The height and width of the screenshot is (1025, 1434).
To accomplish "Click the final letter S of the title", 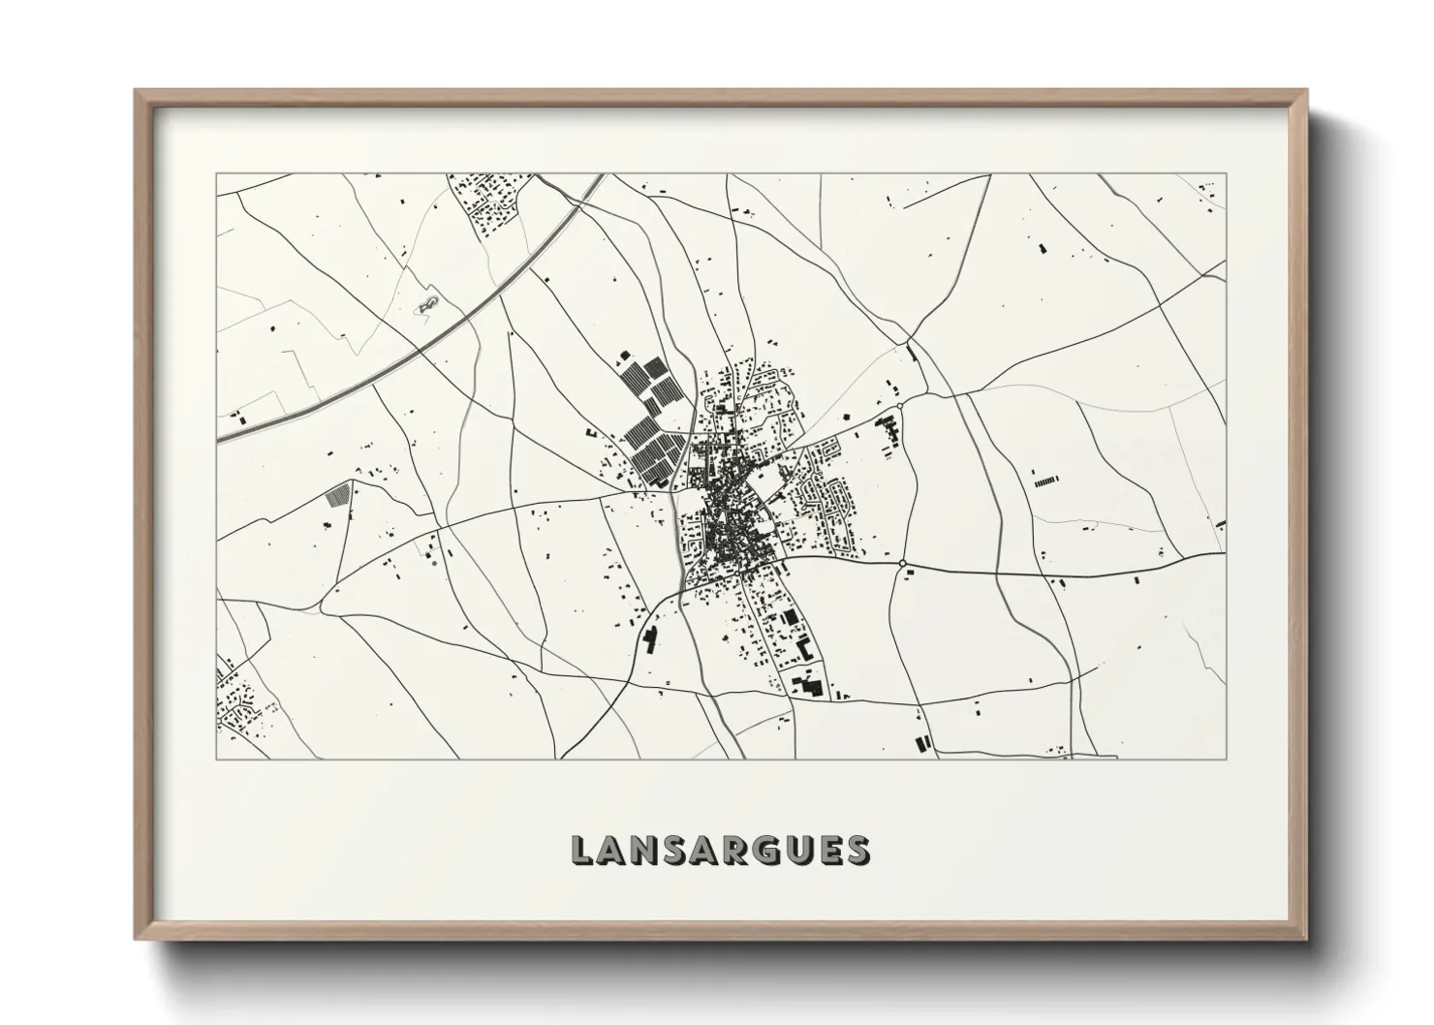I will coord(857,850).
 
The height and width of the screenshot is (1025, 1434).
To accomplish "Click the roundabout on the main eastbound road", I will coord(902,563).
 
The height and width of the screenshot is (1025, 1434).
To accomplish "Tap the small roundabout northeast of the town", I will coord(900,405).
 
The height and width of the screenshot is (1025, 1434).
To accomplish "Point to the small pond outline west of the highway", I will coord(426,305).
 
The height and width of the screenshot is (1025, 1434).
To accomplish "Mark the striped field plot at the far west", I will coord(337,495).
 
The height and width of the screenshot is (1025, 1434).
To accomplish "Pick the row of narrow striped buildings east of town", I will coord(1045,481).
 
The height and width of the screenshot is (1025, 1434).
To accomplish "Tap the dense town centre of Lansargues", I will coord(727,528).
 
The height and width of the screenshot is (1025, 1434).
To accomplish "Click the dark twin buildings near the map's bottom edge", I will coord(921,744).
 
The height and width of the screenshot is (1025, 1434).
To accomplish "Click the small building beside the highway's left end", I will coord(239,420).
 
